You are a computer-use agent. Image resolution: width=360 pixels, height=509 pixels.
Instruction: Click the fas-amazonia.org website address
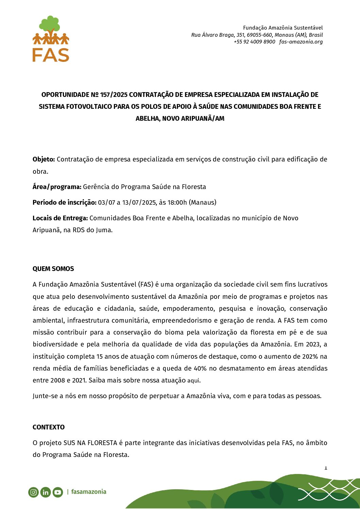click(301, 42)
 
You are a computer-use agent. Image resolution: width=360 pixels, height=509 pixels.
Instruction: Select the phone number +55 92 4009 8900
click(254, 42)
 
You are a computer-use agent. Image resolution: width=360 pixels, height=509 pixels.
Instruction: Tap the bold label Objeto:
click(44, 159)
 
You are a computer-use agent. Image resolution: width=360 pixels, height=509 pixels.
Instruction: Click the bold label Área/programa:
click(57, 187)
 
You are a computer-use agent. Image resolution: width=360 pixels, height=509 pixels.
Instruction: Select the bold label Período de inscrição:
click(64, 202)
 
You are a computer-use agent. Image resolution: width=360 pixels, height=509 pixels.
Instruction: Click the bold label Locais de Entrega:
click(60, 218)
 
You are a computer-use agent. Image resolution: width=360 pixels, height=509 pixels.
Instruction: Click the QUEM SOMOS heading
click(53, 269)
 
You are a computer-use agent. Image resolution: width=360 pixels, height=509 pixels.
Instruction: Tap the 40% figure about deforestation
click(200, 368)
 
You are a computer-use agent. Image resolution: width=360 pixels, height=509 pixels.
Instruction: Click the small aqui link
click(193, 380)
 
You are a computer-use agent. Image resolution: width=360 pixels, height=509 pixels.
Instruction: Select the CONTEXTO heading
click(48, 427)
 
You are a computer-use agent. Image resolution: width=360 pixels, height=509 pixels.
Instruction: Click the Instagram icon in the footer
click(33, 492)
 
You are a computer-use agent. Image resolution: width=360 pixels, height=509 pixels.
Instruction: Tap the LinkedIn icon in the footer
click(45, 492)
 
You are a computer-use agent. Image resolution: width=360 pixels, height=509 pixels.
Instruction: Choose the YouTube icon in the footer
click(58, 492)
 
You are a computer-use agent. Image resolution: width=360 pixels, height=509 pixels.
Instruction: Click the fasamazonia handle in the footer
click(88, 492)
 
